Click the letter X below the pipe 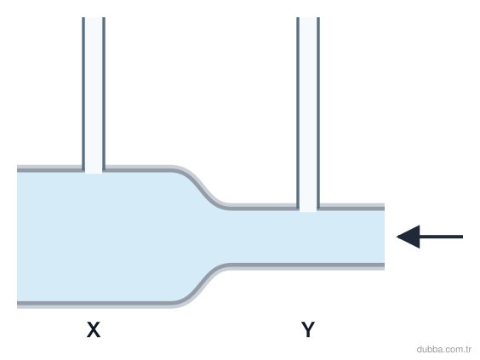coord(94,329)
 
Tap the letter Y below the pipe coord(308,329)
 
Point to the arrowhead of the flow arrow coord(408,237)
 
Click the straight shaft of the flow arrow coord(441,237)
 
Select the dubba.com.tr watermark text coord(443,349)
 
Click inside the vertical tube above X coord(94,95)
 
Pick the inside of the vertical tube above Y coord(308,114)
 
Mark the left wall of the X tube coord(83,94)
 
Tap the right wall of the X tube coord(104,94)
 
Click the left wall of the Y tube coord(298,112)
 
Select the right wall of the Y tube coord(318,112)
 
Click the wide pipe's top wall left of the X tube coord(49,169)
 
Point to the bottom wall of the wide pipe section coord(95,305)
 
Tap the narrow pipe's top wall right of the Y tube coord(351,207)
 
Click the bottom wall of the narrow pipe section coord(306,266)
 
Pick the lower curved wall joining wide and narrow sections coord(201,286)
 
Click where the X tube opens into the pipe coord(94,172)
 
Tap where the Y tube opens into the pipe coord(308,210)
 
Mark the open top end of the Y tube coord(308,18)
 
